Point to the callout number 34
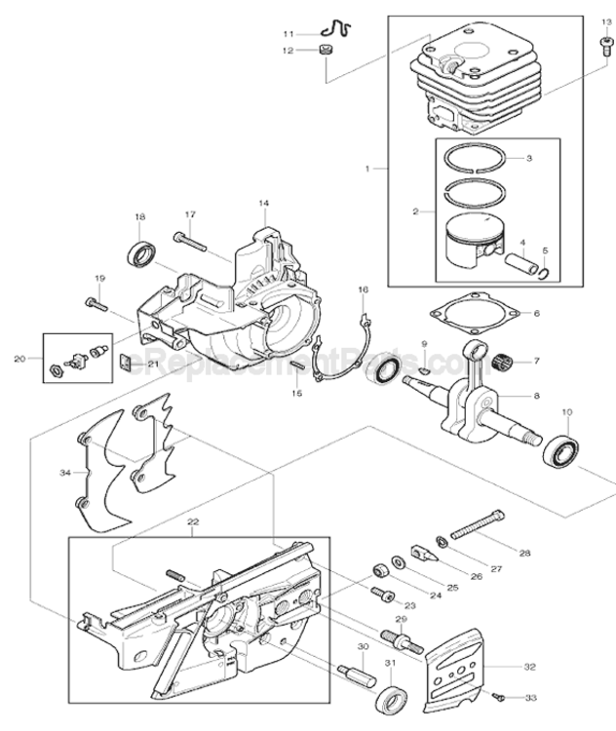(64, 473)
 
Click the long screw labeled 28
(478, 526)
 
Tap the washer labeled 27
(443, 541)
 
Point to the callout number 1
(369, 169)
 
